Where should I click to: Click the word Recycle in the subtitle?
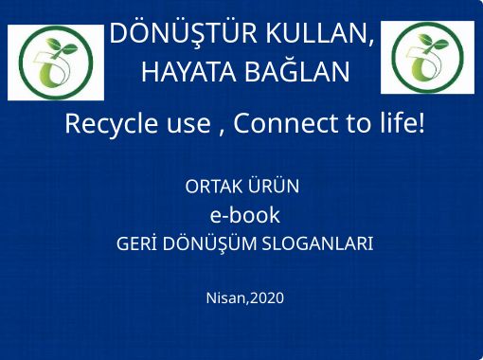[x=105, y=124]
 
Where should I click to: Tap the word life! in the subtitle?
[x=396, y=124]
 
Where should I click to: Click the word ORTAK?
[x=215, y=187]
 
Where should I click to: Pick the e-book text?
[x=244, y=214]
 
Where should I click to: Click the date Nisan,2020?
[x=244, y=298]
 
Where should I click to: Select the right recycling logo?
[x=427, y=59]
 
